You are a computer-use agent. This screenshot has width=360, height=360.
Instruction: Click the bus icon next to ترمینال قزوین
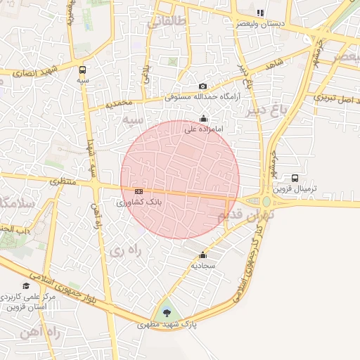[295, 179]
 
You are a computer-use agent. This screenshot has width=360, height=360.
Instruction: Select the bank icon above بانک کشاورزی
[139, 191]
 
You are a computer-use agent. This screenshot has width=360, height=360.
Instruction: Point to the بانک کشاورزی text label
[139, 202]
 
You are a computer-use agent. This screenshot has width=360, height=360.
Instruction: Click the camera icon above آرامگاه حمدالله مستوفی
[203, 86]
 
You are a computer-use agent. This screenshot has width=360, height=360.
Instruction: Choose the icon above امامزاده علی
[204, 119]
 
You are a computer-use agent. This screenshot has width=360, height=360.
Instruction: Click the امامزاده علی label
[204, 129]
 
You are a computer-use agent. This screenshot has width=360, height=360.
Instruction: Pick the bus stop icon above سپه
[83, 70]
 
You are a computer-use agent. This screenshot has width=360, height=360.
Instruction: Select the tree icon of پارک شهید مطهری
[167, 313]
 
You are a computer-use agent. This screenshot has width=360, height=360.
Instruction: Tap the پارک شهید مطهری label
[167, 325]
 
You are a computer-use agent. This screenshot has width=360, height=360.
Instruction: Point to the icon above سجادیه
[203, 255]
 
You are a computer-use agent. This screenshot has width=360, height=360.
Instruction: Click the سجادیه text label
[203, 266]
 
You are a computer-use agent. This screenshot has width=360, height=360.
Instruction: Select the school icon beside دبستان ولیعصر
[260, 13]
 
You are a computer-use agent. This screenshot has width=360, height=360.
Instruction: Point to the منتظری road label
[63, 181]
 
